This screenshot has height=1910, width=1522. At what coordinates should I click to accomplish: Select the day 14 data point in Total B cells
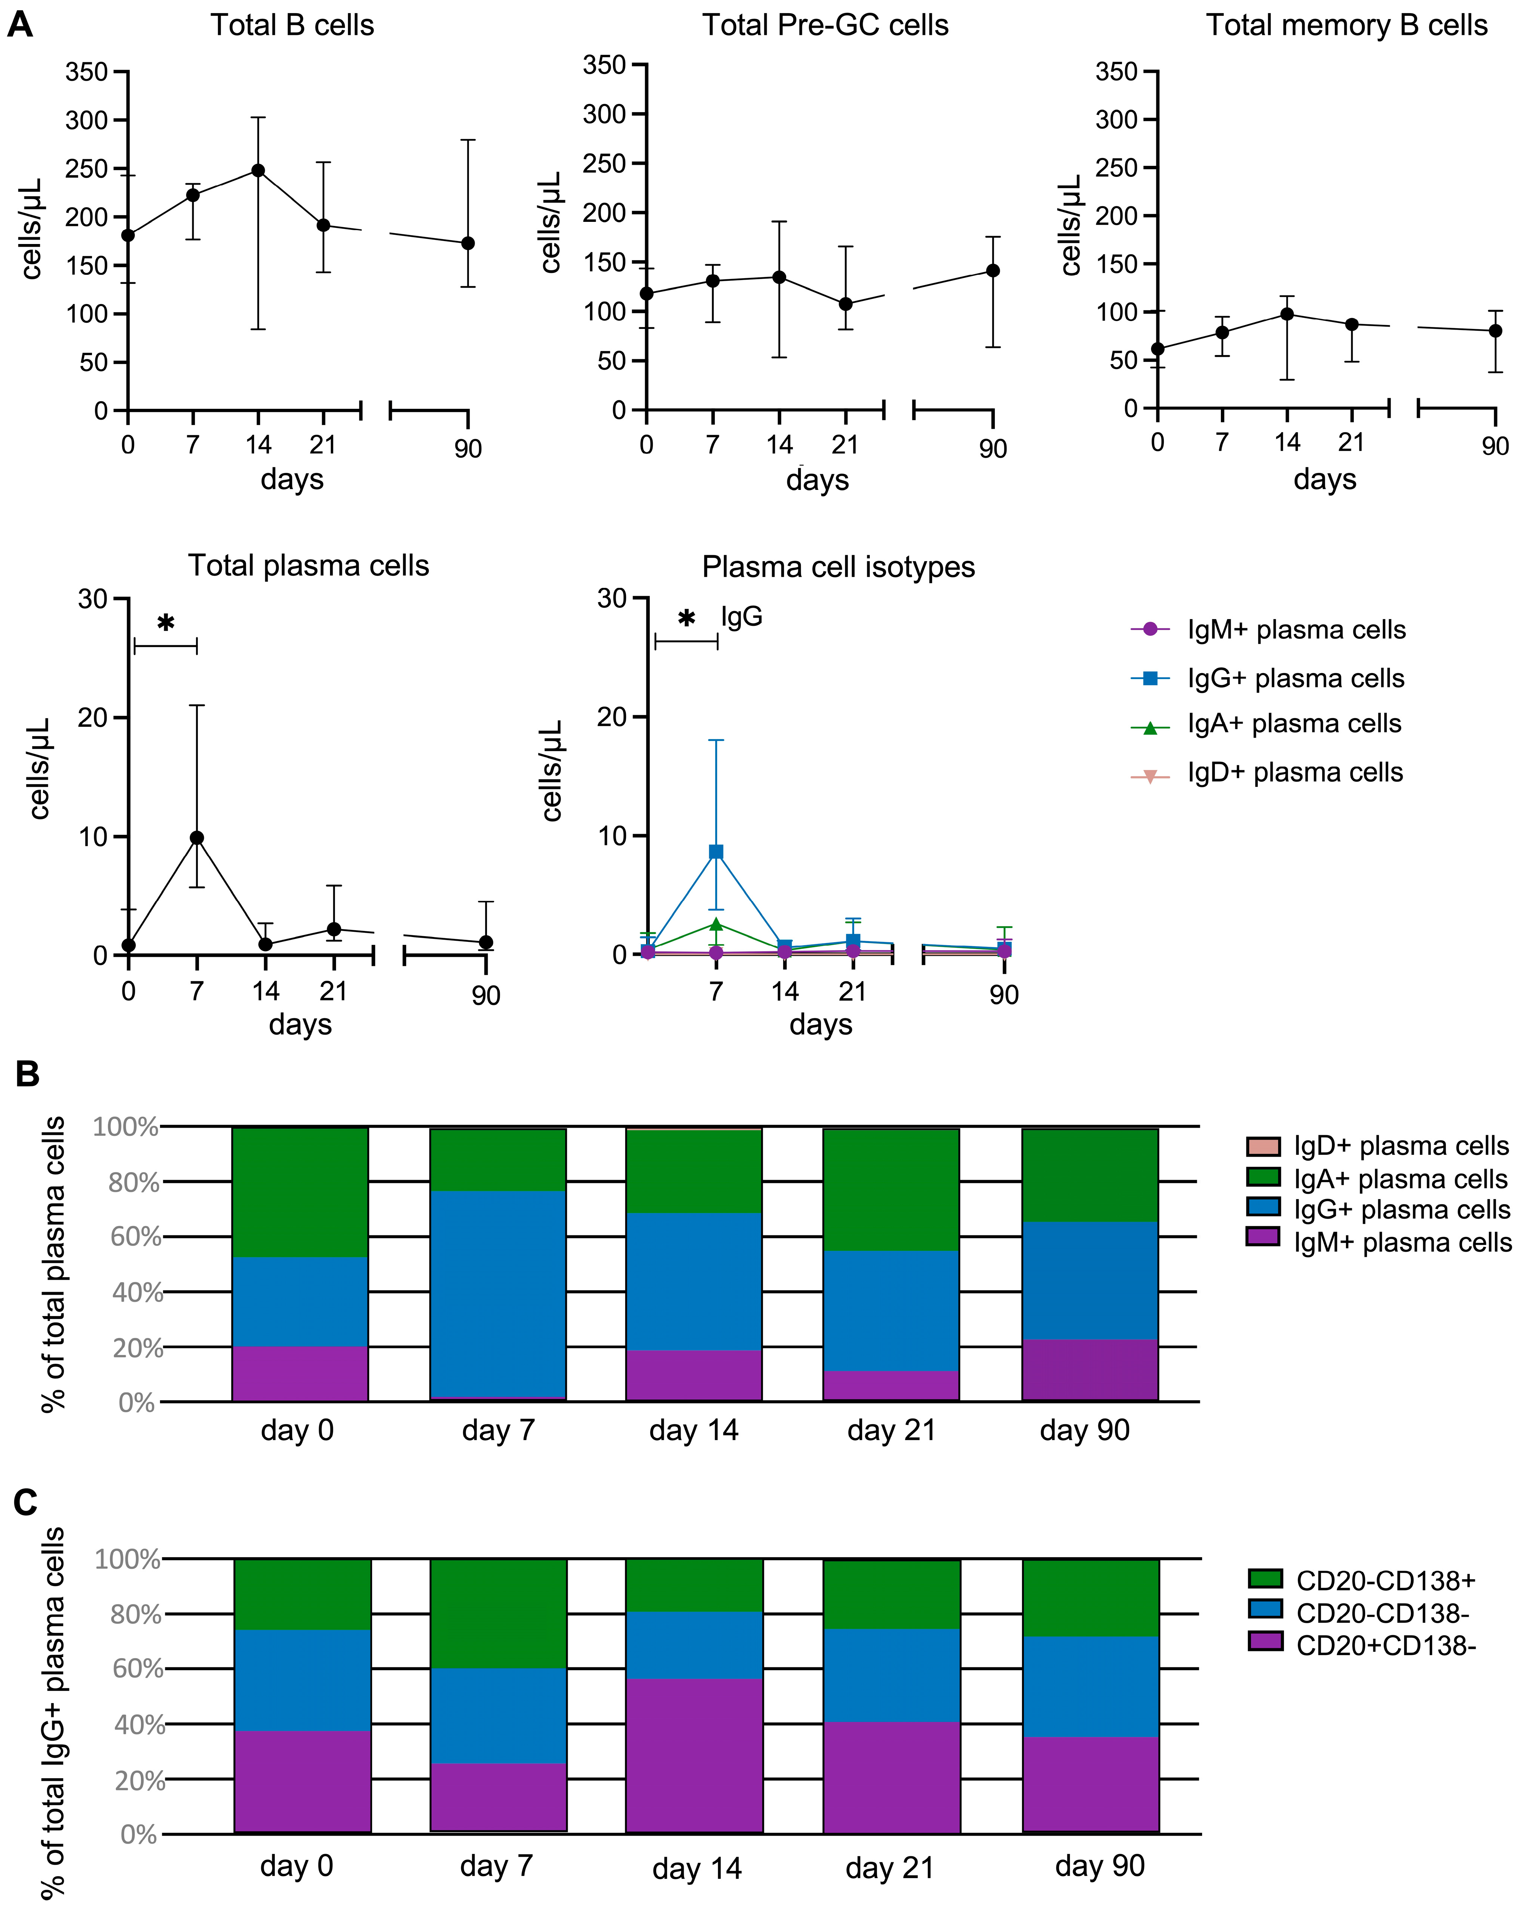tap(258, 170)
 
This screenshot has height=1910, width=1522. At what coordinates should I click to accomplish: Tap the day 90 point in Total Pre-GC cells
tap(993, 270)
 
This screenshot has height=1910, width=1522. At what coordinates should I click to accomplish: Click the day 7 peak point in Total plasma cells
tap(197, 838)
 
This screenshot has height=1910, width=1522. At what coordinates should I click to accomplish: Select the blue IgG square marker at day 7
tap(716, 852)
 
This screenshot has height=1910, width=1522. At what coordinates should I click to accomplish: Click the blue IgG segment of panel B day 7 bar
tap(498, 1293)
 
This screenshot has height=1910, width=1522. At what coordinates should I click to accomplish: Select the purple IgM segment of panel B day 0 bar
tap(300, 1373)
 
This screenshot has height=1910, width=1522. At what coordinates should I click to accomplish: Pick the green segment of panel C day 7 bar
tap(498, 1614)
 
